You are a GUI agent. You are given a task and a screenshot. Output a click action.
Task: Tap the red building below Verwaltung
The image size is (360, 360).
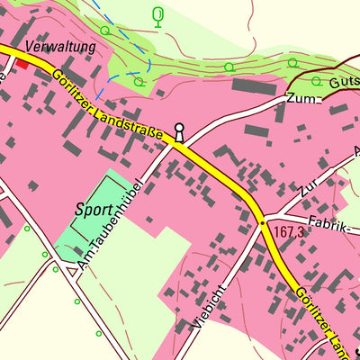pos(21,63)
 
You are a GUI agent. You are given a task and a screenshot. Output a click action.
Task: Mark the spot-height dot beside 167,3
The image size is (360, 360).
pos(263,220)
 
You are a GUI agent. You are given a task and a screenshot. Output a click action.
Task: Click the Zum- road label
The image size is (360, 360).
pos(304,98)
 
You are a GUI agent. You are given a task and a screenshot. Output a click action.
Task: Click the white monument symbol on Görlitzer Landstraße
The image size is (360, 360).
pos(179,133)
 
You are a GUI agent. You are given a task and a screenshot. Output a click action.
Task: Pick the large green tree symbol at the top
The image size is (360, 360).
pos(159,16)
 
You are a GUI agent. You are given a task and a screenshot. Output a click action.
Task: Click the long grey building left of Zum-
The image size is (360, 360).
pos(254,86)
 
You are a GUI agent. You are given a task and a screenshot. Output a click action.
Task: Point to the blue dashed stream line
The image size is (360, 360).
pos(135,45)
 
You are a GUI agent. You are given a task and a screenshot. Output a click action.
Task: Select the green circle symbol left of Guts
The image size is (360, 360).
pos(292,62)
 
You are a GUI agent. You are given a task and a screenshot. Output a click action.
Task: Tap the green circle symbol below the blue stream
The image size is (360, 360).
pos(138,81)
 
